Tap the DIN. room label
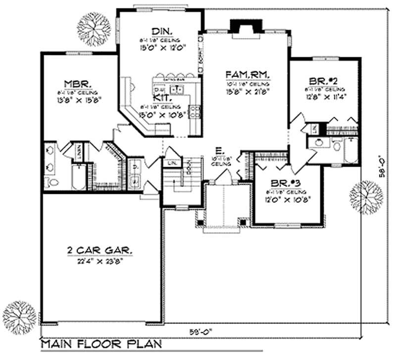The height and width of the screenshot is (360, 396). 160,30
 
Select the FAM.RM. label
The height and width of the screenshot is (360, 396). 247,75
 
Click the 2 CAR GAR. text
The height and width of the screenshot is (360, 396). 99,251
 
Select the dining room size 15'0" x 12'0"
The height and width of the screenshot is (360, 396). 160,48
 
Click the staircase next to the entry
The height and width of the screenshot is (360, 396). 181,180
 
